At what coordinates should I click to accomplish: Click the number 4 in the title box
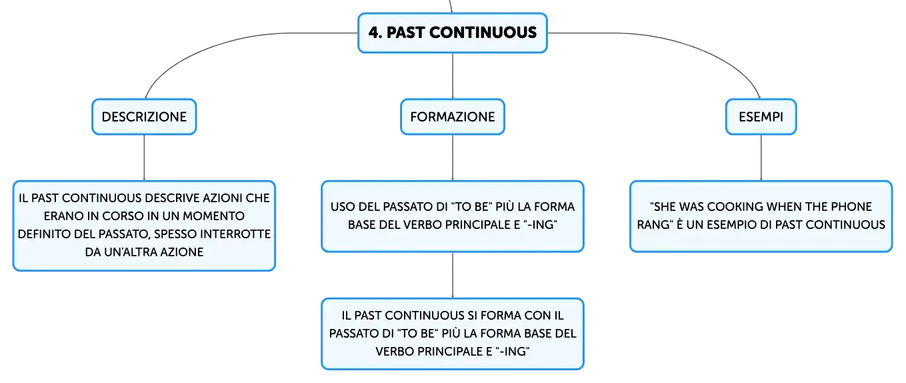(x=374, y=33)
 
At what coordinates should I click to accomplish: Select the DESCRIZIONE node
(x=145, y=117)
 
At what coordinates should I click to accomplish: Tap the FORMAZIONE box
(x=453, y=117)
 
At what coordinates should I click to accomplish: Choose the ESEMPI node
(x=761, y=117)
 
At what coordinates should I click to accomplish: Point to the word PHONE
(x=851, y=206)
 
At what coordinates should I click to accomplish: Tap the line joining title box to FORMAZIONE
(x=453, y=75)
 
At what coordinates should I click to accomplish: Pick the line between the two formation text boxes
(x=453, y=276)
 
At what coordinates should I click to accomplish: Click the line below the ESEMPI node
(x=761, y=158)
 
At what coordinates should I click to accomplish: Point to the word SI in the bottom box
(x=473, y=316)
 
